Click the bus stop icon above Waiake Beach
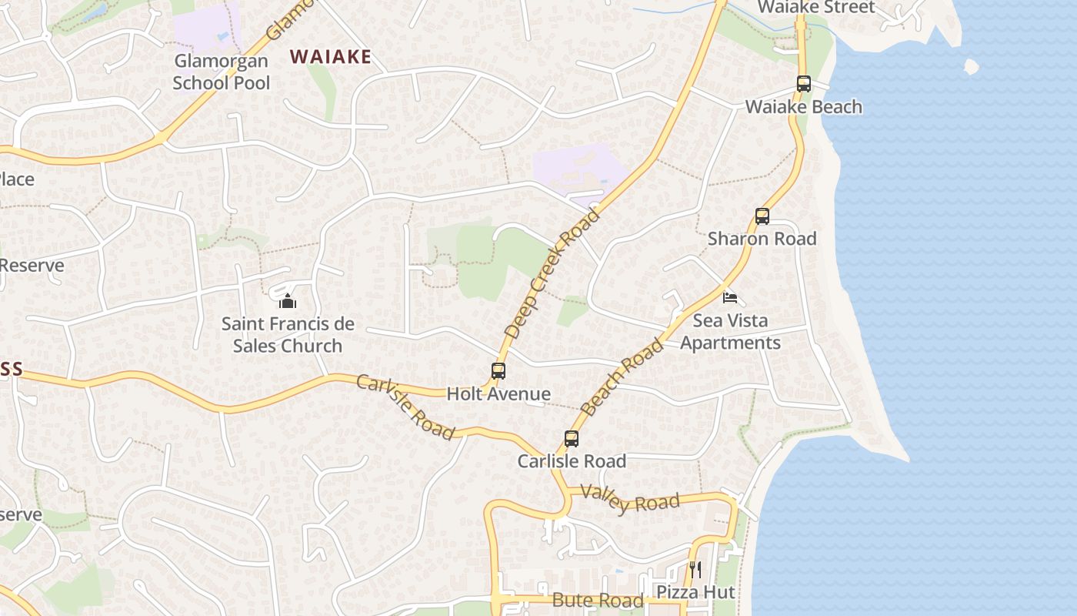[804, 84]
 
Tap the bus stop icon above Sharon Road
[762, 216]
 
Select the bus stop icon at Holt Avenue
[498, 371]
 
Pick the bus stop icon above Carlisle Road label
[571, 439]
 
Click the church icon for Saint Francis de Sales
[288, 300]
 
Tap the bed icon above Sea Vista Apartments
[729, 297]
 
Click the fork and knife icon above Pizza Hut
[695, 570]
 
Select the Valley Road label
[630, 499]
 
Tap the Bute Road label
[598, 601]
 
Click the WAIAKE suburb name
[330, 56]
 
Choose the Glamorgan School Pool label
[221, 72]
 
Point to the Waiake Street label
[816, 8]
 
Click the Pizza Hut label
[695, 592]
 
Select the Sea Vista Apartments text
[730, 331]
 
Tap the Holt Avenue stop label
[498, 394]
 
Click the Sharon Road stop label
[762, 239]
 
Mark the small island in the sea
[971, 67]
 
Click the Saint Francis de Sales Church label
[288, 334]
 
